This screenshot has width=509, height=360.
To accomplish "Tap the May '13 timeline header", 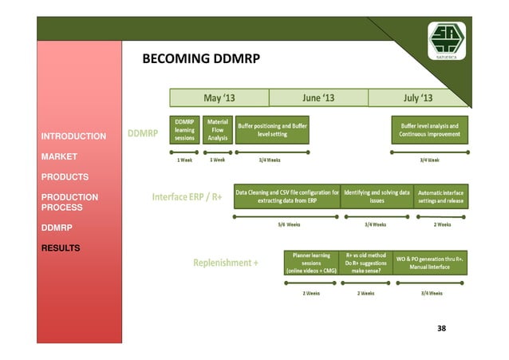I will pyautogui.click(x=219, y=98).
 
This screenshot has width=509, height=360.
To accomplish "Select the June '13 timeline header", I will pyautogui.click(x=318, y=98).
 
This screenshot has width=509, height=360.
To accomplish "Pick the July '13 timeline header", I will pyautogui.click(x=418, y=98).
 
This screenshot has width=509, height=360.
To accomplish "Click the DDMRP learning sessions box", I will pyautogui.click(x=184, y=130).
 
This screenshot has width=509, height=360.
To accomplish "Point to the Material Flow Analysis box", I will pyautogui.click(x=217, y=130).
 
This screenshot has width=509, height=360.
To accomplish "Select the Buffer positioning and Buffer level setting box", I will pyautogui.click(x=272, y=130).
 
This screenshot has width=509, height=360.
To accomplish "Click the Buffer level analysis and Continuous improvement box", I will pyautogui.click(x=429, y=130).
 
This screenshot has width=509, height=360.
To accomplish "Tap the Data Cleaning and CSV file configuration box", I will pyautogui.click(x=286, y=197).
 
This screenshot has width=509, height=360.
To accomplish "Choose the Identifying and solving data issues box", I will pyautogui.click(x=377, y=197).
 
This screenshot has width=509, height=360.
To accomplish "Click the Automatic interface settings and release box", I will pyautogui.click(x=440, y=197).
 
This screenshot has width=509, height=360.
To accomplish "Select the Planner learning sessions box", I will pyautogui.click(x=311, y=263).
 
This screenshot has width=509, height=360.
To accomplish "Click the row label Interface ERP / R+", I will pyautogui.click(x=187, y=196).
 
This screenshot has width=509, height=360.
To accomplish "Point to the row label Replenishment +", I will pyautogui.click(x=226, y=262).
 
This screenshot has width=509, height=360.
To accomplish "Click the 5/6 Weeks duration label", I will pyautogui.click(x=288, y=224).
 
